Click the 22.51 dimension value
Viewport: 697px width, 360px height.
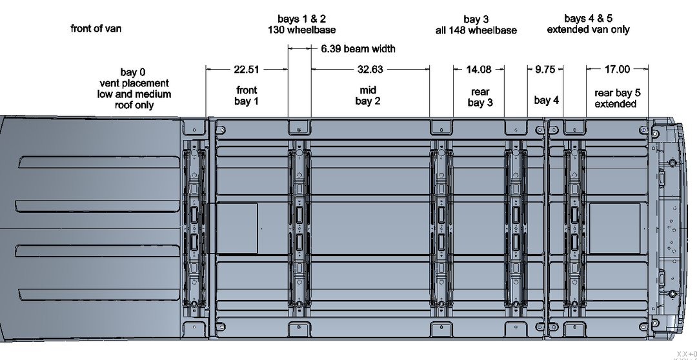tap(246, 69)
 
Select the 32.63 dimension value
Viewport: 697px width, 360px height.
tap(370, 69)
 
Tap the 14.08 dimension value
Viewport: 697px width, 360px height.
tap(479, 69)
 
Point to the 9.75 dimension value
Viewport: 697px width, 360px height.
tap(545, 69)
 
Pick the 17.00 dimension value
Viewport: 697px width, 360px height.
tap(617, 69)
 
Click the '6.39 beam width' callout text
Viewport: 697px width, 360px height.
tap(358, 48)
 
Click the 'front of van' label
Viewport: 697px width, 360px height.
tap(96, 28)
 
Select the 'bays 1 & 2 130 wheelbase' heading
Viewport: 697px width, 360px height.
tap(301, 25)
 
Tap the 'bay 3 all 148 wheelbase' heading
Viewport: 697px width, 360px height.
tap(476, 25)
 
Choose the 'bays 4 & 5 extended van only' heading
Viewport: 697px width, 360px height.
tap(588, 24)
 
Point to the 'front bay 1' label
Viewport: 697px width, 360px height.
tap(247, 95)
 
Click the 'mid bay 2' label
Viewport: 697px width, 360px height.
tap(368, 95)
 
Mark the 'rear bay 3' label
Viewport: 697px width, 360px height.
tap(480, 98)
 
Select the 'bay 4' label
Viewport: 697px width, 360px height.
tap(546, 100)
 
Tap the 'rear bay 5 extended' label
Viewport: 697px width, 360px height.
tap(618, 98)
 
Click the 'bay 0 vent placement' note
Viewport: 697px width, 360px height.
tap(134, 88)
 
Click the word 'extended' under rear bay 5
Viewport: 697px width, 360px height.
tap(615, 104)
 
